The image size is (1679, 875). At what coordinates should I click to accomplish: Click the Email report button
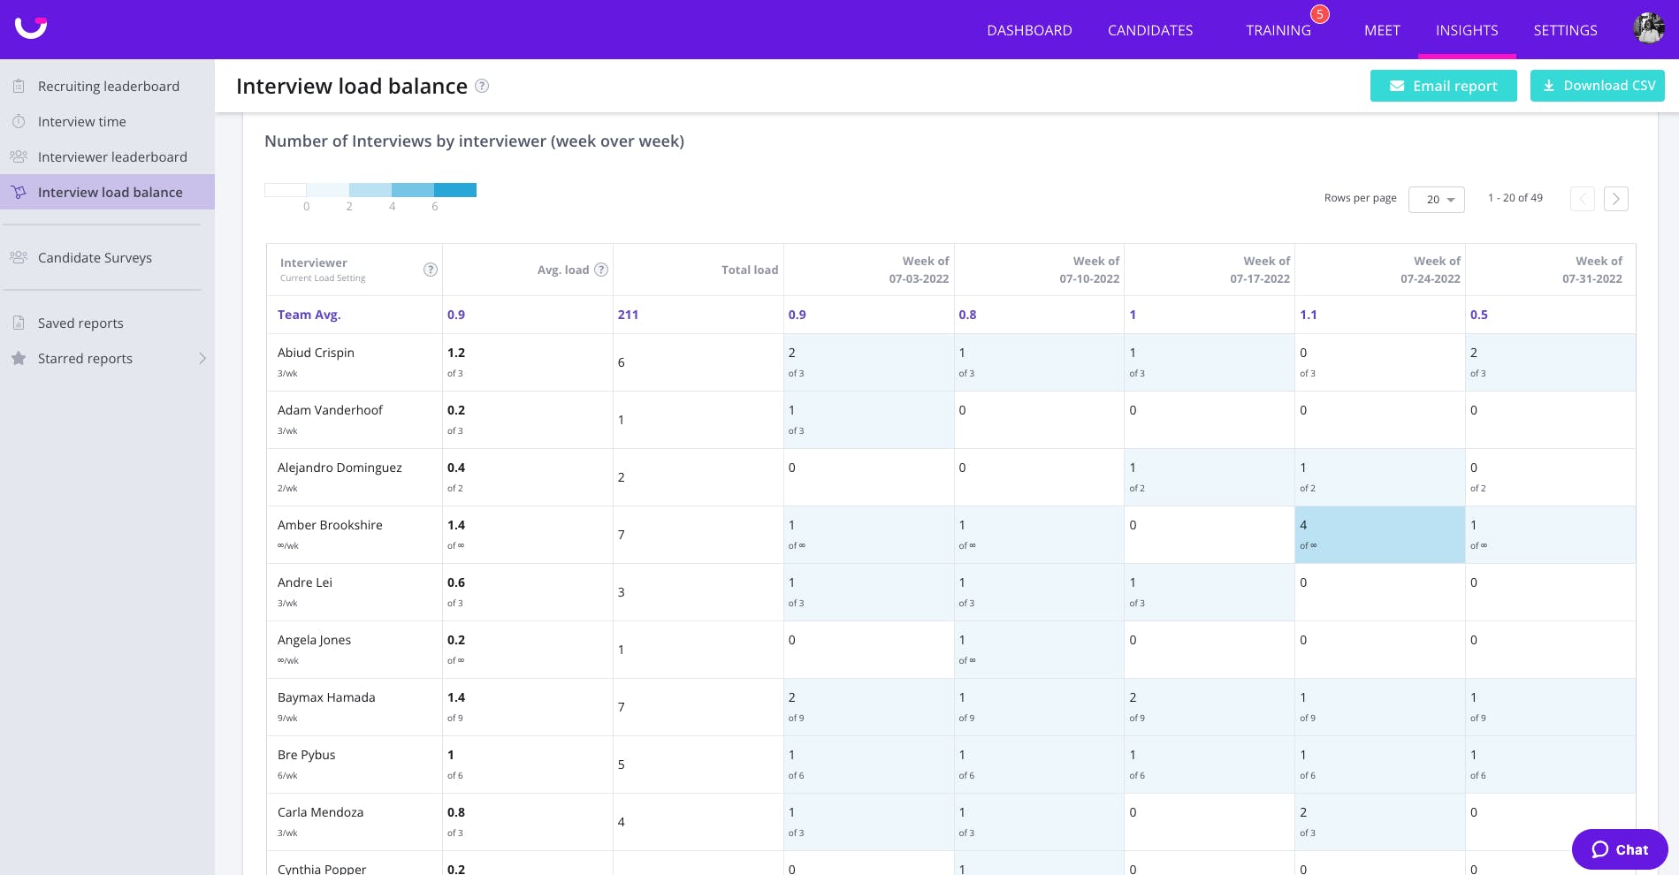1443,86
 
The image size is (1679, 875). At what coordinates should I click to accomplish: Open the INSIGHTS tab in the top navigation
1467,30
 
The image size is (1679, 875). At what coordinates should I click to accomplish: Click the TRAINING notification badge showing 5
1320,14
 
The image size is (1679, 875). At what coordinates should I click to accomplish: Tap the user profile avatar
1649,28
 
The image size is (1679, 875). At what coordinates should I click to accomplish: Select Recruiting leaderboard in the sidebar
109,86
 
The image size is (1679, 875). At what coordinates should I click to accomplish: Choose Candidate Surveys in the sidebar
95,257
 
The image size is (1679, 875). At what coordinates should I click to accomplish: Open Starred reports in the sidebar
85,358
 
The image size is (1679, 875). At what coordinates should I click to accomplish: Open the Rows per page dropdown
1437,200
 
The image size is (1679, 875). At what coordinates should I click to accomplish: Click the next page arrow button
1616,199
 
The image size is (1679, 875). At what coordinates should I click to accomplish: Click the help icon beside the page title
482,86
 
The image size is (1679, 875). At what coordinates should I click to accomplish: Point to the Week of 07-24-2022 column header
1431,270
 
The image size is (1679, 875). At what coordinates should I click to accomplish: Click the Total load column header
750,270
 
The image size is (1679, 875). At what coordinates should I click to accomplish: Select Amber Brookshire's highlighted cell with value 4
1380,535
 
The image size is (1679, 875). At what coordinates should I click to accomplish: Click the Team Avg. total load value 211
628,315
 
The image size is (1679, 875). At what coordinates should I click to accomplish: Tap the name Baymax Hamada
326,697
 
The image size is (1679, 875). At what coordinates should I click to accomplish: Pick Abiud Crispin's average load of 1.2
456,353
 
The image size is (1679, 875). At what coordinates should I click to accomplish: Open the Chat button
1620,849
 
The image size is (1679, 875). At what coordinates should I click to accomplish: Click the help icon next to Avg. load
601,270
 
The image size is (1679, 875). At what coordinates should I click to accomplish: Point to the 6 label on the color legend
435,206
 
